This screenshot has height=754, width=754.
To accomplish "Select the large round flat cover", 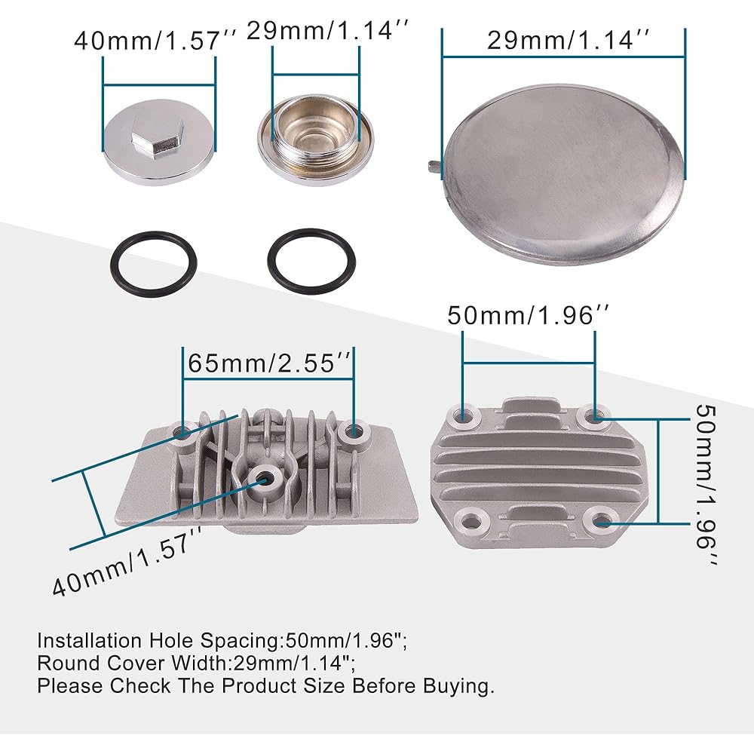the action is (562, 175).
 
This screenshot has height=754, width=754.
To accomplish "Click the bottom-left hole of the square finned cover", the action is (470, 523).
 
